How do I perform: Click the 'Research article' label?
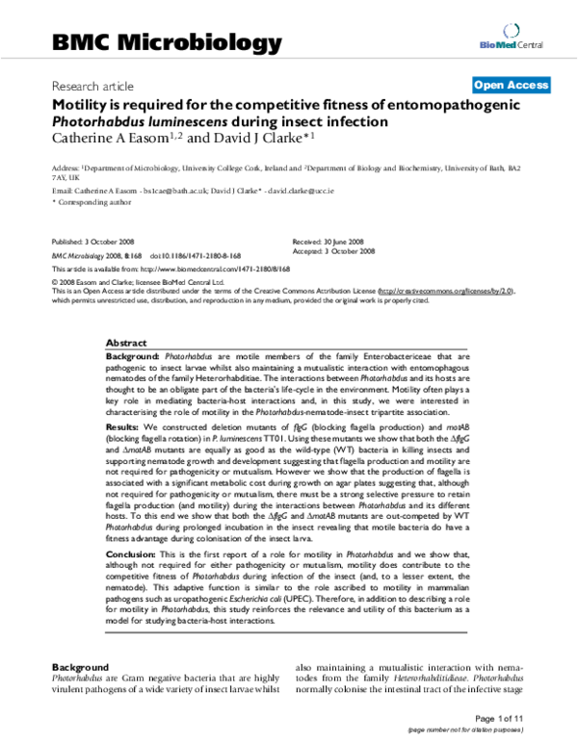(93, 87)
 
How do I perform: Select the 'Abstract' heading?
(126, 343)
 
